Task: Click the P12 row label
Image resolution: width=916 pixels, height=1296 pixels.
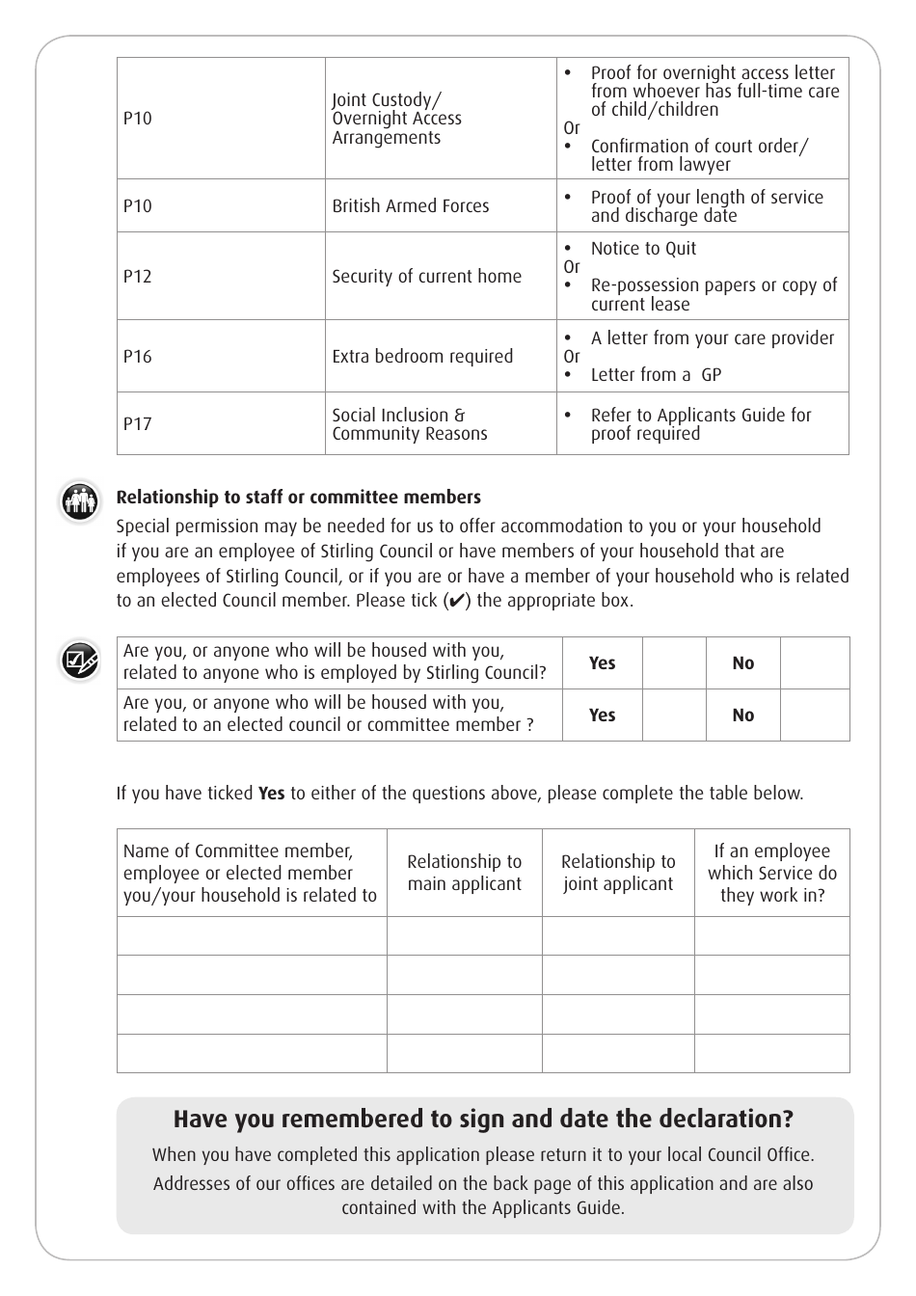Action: (138, 277)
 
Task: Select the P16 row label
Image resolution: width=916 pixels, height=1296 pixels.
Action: (138, 357)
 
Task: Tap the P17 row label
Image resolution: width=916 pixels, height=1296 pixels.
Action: (138, 424)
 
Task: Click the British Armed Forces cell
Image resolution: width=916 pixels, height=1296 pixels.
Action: (411, 206)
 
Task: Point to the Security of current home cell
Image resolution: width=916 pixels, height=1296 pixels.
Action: (426, 277)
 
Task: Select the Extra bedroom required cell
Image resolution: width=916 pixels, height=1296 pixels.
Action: (422, 357)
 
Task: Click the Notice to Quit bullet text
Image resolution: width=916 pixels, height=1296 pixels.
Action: (643, 249)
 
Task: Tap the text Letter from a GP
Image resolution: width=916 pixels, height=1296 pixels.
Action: (656, 375)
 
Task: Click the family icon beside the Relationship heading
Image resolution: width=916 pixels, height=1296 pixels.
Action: (79, 501)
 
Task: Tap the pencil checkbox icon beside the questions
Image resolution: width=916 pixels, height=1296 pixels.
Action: (79, 661)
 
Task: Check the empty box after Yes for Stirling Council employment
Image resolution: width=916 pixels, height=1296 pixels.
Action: (673, 663)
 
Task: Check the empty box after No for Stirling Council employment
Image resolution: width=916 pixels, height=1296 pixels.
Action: (814, 663)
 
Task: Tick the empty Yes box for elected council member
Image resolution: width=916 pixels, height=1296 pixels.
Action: (673, 715)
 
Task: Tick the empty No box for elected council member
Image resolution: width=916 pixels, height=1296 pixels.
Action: (814, 715)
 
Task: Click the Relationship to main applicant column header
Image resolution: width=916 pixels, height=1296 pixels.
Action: (464, 873)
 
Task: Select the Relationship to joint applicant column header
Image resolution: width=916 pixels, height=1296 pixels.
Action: (618, 873)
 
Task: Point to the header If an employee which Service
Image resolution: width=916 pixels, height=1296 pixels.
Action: (771, 873)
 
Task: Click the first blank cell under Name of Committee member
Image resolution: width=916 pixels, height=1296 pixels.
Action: (252, 936)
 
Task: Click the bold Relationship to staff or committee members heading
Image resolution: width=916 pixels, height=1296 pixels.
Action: (298, 498)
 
